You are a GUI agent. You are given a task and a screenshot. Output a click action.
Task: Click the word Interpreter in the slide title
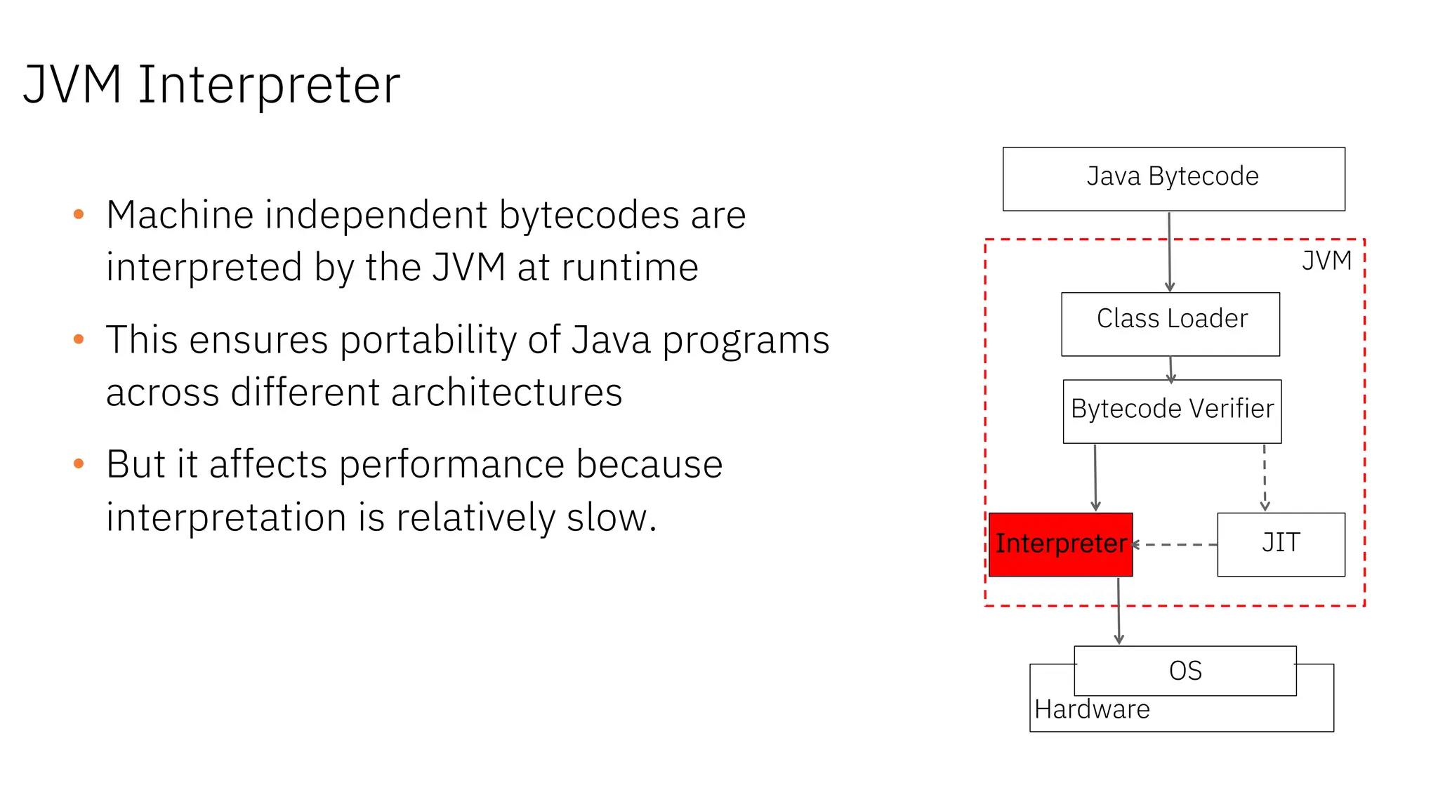[269, 85]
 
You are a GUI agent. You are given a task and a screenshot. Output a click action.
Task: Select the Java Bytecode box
[1173, 178]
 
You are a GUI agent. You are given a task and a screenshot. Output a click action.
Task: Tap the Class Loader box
[1170, 324]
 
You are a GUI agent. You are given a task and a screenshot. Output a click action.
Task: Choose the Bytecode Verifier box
[1172, 411]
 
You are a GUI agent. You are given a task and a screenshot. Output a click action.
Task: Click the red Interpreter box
[1060, 544]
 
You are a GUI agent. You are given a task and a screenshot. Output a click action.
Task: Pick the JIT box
[1281, 544]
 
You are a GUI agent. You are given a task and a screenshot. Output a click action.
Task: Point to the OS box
[1185, 671]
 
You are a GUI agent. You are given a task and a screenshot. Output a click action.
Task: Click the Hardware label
[1092, 709]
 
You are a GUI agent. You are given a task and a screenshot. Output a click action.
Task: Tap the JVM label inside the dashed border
[1326, 261]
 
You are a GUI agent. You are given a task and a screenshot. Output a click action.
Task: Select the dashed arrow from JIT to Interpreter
[1175, 544]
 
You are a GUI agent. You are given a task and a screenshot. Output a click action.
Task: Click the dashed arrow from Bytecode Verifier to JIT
[1265, 478]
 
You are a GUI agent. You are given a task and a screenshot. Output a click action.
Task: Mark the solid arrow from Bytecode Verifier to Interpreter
[1095, 478]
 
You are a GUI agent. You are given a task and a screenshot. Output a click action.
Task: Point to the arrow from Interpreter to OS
[1119, 611]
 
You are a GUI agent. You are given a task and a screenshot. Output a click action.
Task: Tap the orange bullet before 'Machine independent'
[79, 214]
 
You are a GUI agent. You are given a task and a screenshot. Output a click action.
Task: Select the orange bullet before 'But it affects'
[79, 463]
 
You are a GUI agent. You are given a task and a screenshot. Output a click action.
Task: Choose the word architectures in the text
[506, 392]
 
